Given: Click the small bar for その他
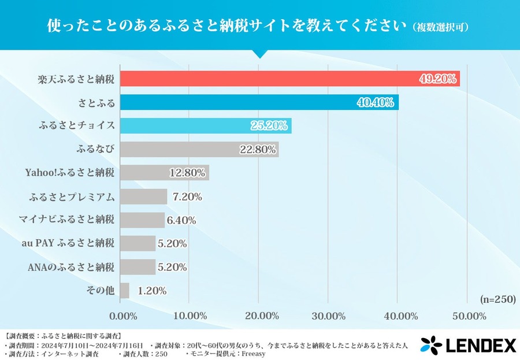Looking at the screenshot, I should coord(124,291).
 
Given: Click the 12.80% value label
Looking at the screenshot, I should coord(187,173).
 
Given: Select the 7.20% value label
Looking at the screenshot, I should coord(187,196).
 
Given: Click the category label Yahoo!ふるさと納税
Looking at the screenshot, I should coord(70,173).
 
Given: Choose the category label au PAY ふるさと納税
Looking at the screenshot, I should coord(67,243).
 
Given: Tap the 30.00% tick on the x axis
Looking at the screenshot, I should coord(328,316).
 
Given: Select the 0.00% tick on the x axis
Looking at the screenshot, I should coord(123,316).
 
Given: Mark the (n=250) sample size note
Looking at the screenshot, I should coord(497,299).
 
